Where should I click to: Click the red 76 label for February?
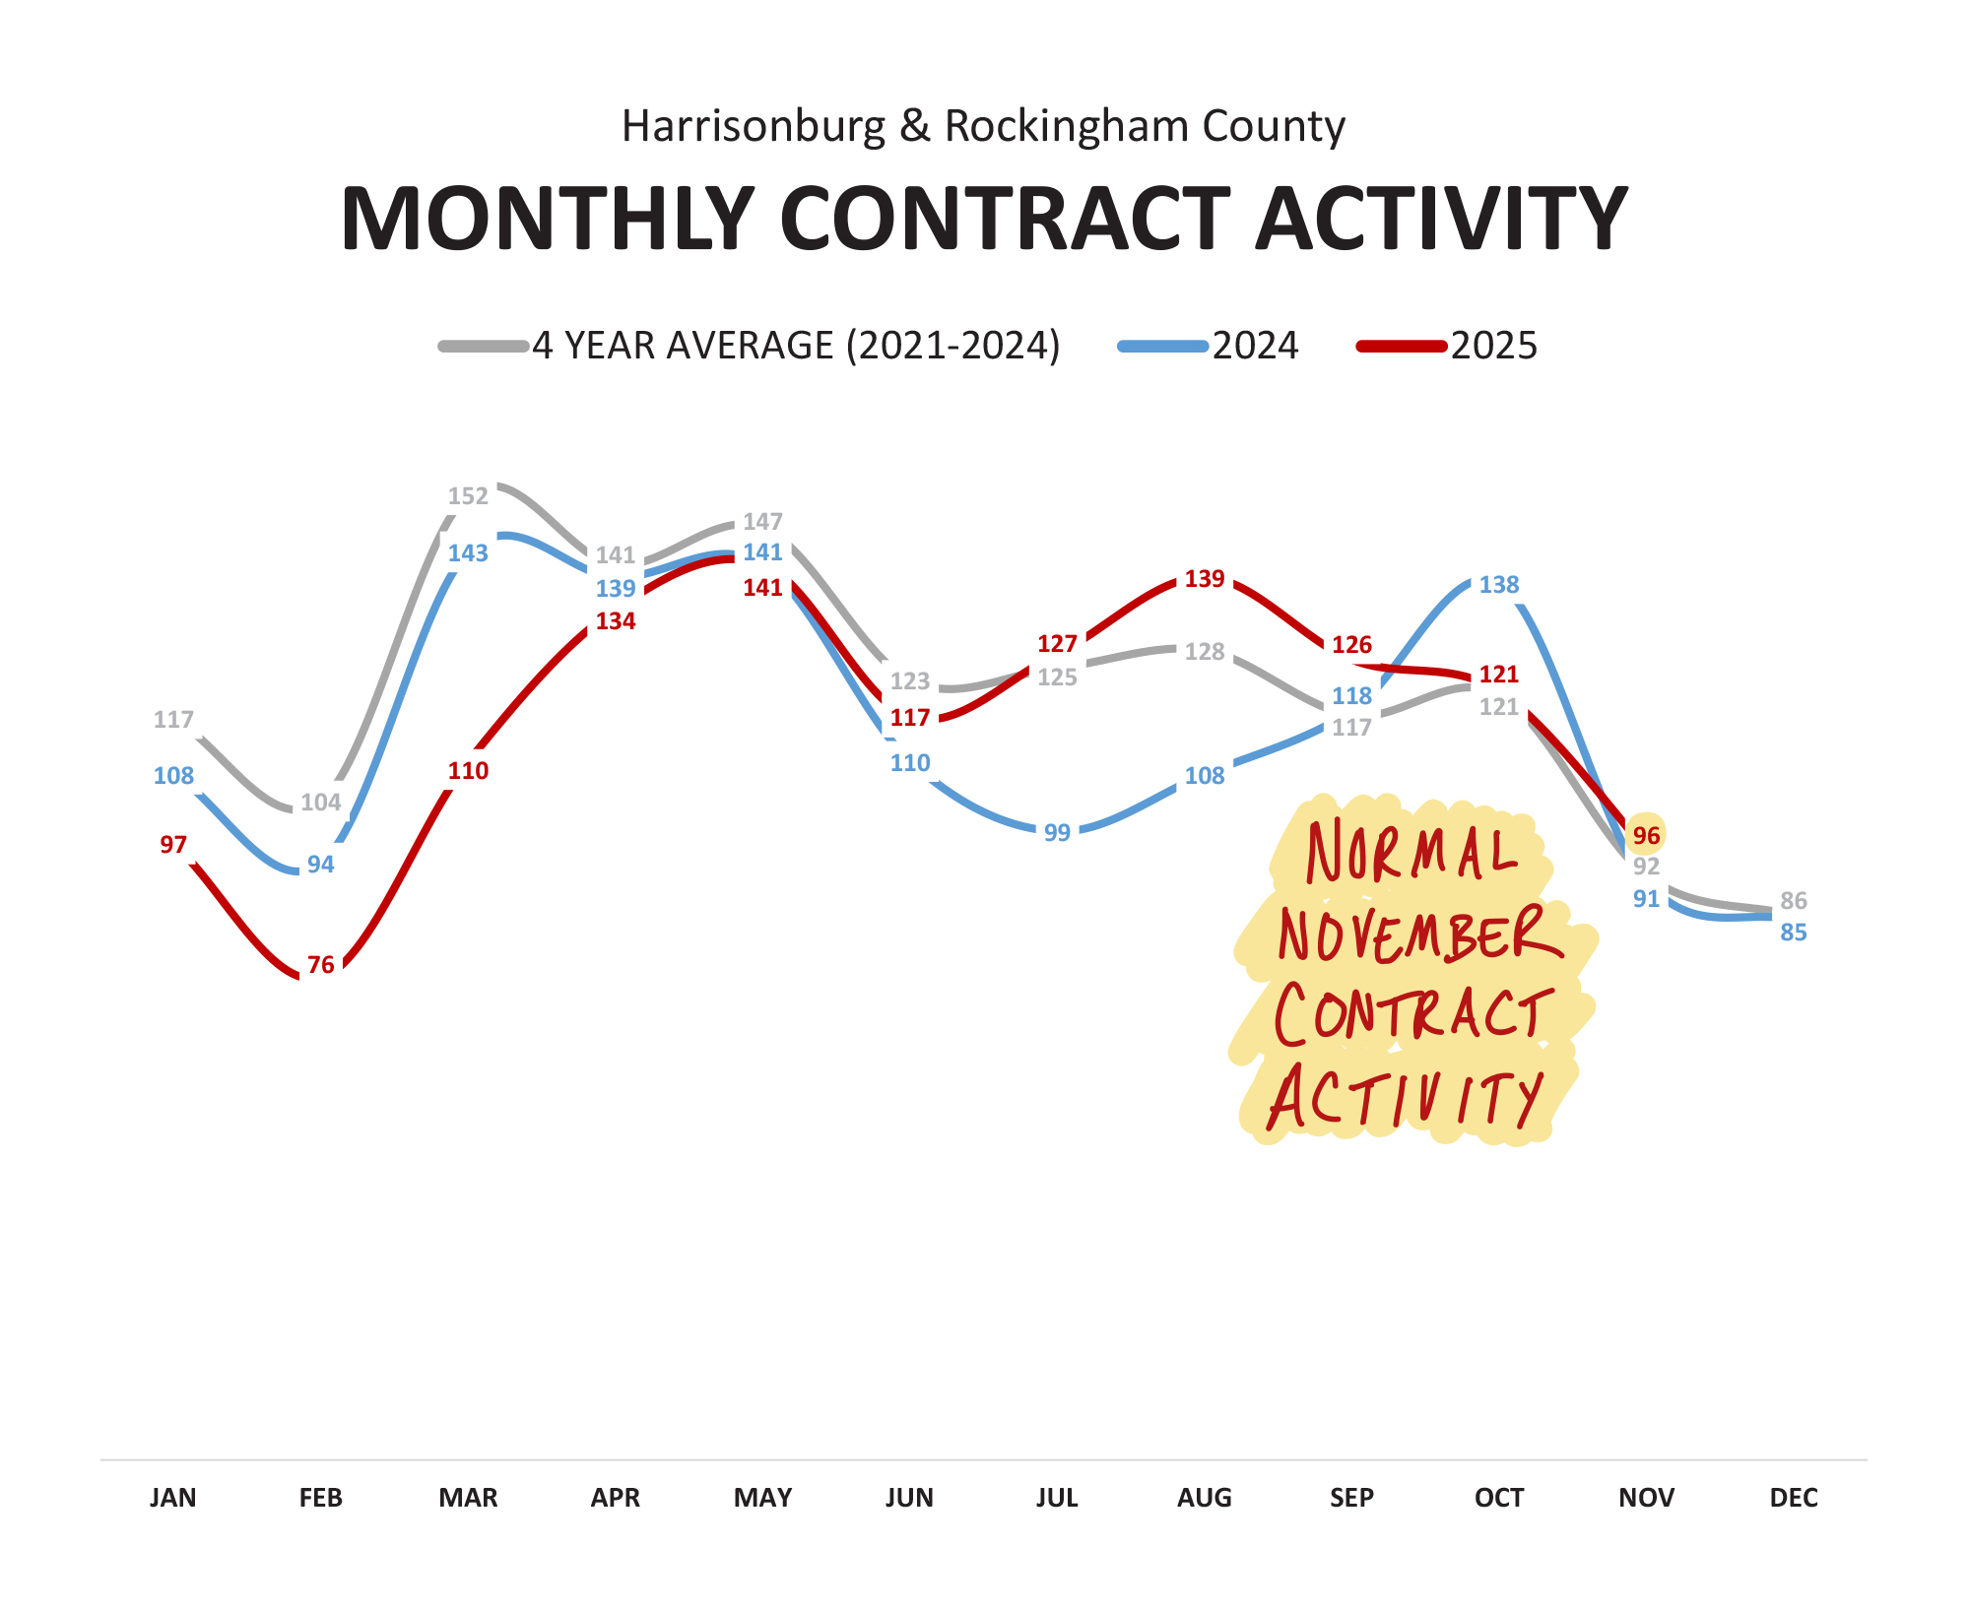click(x=320, y=964)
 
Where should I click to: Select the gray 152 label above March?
click(x=468, y=495)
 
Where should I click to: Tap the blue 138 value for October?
click(x=1498, y=584)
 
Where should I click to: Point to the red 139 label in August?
click(x=1204, y=578)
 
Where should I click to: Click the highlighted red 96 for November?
click(x=1646, y=835)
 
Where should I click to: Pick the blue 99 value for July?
click(x=1056, y=832)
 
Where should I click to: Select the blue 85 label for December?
click(x=1793, y=932)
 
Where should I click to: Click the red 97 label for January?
click(x=173, y=844)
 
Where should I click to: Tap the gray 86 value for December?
click(x=1793, y=900)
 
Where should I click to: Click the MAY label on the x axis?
click(x=762, y=1498)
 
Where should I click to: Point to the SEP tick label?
click(x=1350, y=1498)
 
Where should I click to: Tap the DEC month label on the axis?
click(x=1793, y=1498)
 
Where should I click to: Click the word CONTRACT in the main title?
click(x=1004, y=219)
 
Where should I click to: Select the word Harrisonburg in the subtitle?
click(x=754, y=126)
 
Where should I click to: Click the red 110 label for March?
click(x=468, y=770)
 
